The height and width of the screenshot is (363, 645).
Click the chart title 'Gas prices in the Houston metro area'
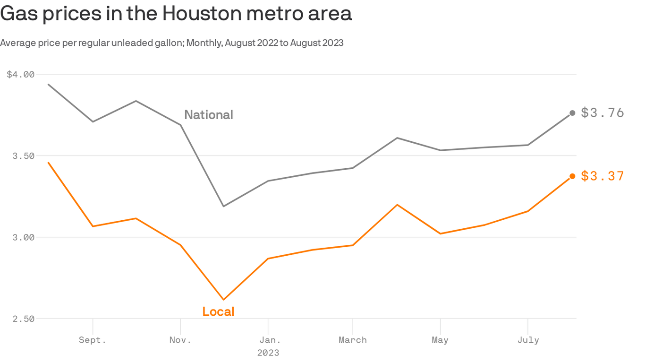click(x=176, y=14)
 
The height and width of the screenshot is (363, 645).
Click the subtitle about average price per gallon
click(x=172, y=43)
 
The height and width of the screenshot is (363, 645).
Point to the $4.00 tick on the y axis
click(x=21, y=74)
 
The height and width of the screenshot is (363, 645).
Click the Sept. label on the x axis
click(x=93, y=340)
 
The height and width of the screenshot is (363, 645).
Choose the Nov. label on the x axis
click(x=180, y=340)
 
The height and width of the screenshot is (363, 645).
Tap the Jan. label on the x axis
click(x=268, y=340)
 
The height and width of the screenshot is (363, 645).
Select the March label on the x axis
click(x=353, y=340)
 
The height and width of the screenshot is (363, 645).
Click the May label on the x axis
click(x=440, y=340)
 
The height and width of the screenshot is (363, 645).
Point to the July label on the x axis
click(x=527, y=340)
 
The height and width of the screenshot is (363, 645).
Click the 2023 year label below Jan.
click(x=268, y=353)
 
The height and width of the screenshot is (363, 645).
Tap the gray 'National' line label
click(x=209, y=115)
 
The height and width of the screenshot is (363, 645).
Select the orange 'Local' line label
click(x=218, y=311)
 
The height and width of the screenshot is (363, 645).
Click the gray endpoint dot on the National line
click(x=572, y=113)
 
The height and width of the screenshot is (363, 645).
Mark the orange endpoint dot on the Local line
click(x=572, y=176)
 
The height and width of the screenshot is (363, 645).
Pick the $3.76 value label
click(x=603, y=113)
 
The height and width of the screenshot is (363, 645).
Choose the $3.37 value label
click(x=603, y=176)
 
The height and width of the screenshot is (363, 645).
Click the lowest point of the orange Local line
click(x=223, y=300)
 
